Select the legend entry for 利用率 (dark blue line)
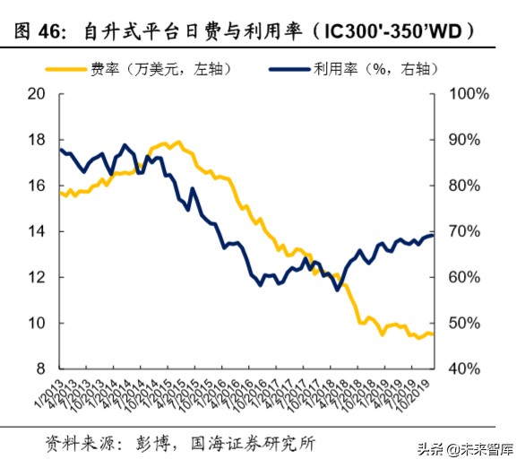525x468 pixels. tap(358, 69)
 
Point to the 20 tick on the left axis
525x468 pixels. tap(37, 94)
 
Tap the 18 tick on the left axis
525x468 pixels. tap(37, 140)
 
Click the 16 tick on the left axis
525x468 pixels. tap(37, 186)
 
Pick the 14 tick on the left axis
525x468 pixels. tap(37, 231)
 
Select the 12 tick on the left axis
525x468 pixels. tap(37, 277)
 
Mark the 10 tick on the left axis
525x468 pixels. tap(37, 323)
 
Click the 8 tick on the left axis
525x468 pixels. tap(41, 368)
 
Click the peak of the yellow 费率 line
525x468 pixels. tap(176, 142)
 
